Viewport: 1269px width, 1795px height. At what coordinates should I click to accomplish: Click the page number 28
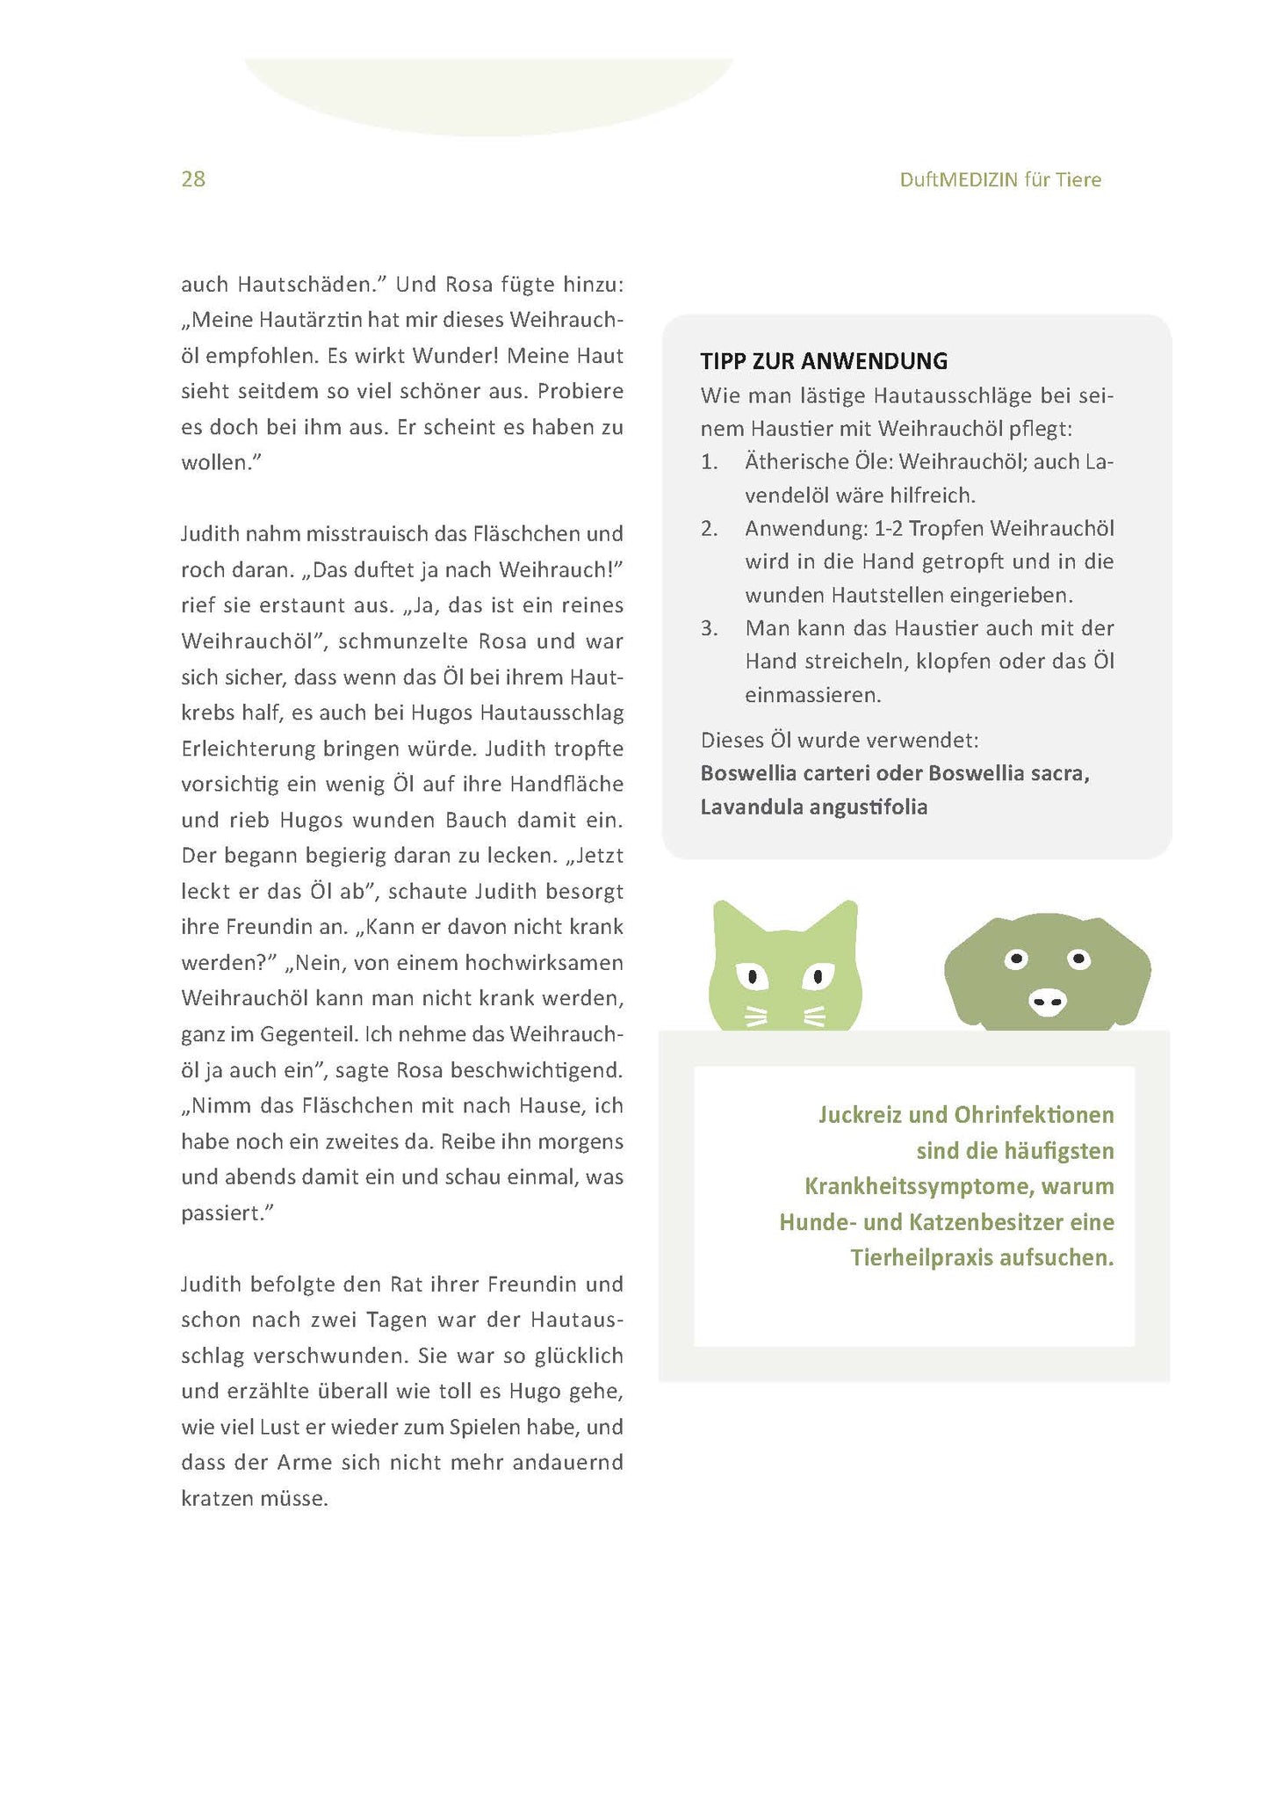tap(193, 179)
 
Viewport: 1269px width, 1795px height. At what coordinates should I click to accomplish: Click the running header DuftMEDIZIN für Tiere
tap(999, 180)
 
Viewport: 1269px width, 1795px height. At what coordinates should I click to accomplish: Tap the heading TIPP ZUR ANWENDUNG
tap(824, 361)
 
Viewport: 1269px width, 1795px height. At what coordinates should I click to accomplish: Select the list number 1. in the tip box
tap(710, 462)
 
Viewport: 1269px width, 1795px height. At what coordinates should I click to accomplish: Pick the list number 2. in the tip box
tap(710, 529)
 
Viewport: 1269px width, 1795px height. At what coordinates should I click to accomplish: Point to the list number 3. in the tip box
tap(710, 629)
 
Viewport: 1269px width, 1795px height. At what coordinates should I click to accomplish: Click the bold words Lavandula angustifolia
tap(813, 807)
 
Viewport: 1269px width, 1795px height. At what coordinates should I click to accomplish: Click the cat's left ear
tap(730, 922)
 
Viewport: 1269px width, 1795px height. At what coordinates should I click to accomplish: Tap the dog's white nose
tap(1047, 1001)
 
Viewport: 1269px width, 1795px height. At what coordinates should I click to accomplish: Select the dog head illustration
tap(1047, 971)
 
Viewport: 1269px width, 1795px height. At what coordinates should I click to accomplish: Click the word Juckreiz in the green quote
tap(861, 1115)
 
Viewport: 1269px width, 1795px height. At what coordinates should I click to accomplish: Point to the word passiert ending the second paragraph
tap(224, 1213)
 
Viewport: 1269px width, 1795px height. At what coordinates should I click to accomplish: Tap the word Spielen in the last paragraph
tap(483, 1427)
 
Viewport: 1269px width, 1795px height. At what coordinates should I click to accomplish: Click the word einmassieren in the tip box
tap(812, 695)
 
